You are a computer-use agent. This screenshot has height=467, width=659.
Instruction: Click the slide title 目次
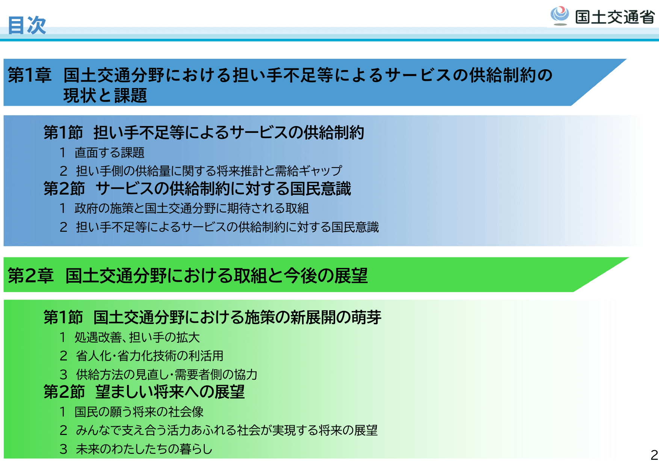(x=27, y=25)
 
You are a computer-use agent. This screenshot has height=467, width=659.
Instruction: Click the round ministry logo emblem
(x=559, y=15)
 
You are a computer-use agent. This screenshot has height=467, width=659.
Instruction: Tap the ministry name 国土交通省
(x=615, y=17)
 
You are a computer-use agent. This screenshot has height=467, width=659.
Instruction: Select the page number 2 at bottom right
(x=654, y=455)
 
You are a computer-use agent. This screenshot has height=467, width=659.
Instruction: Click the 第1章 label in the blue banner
(x=30, y=75)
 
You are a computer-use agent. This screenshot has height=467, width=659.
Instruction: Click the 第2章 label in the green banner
(x=30, y=275)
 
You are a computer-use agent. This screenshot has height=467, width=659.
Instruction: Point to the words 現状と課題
(x=105, y=96)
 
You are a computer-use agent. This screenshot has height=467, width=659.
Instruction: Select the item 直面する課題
(x=109, y=152)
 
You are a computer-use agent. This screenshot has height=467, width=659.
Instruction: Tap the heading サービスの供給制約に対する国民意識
(x=223, y=189)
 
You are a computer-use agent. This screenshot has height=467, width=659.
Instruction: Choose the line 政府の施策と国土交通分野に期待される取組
(x=192, y=208)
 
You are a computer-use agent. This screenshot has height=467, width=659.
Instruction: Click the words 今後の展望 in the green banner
(x=326, y=275)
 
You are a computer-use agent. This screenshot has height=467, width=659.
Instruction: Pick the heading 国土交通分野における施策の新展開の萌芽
(x=237, y=317)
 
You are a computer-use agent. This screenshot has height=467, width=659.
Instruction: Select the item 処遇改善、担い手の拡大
(x=137, y=337)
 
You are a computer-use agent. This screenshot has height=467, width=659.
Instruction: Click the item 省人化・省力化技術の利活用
(x=150, y=356)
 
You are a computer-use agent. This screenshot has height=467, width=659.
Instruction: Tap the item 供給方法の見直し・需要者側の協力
(x=166, y=374)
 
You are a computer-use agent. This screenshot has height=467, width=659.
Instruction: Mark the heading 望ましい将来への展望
(x=170, y=392)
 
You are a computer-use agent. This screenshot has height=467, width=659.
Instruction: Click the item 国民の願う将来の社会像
(x=139, y=412)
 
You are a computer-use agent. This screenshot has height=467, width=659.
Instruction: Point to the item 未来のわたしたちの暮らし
(x=144, y=449)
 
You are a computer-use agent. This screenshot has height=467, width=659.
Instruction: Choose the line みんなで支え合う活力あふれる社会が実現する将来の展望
(x=227, y=430)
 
